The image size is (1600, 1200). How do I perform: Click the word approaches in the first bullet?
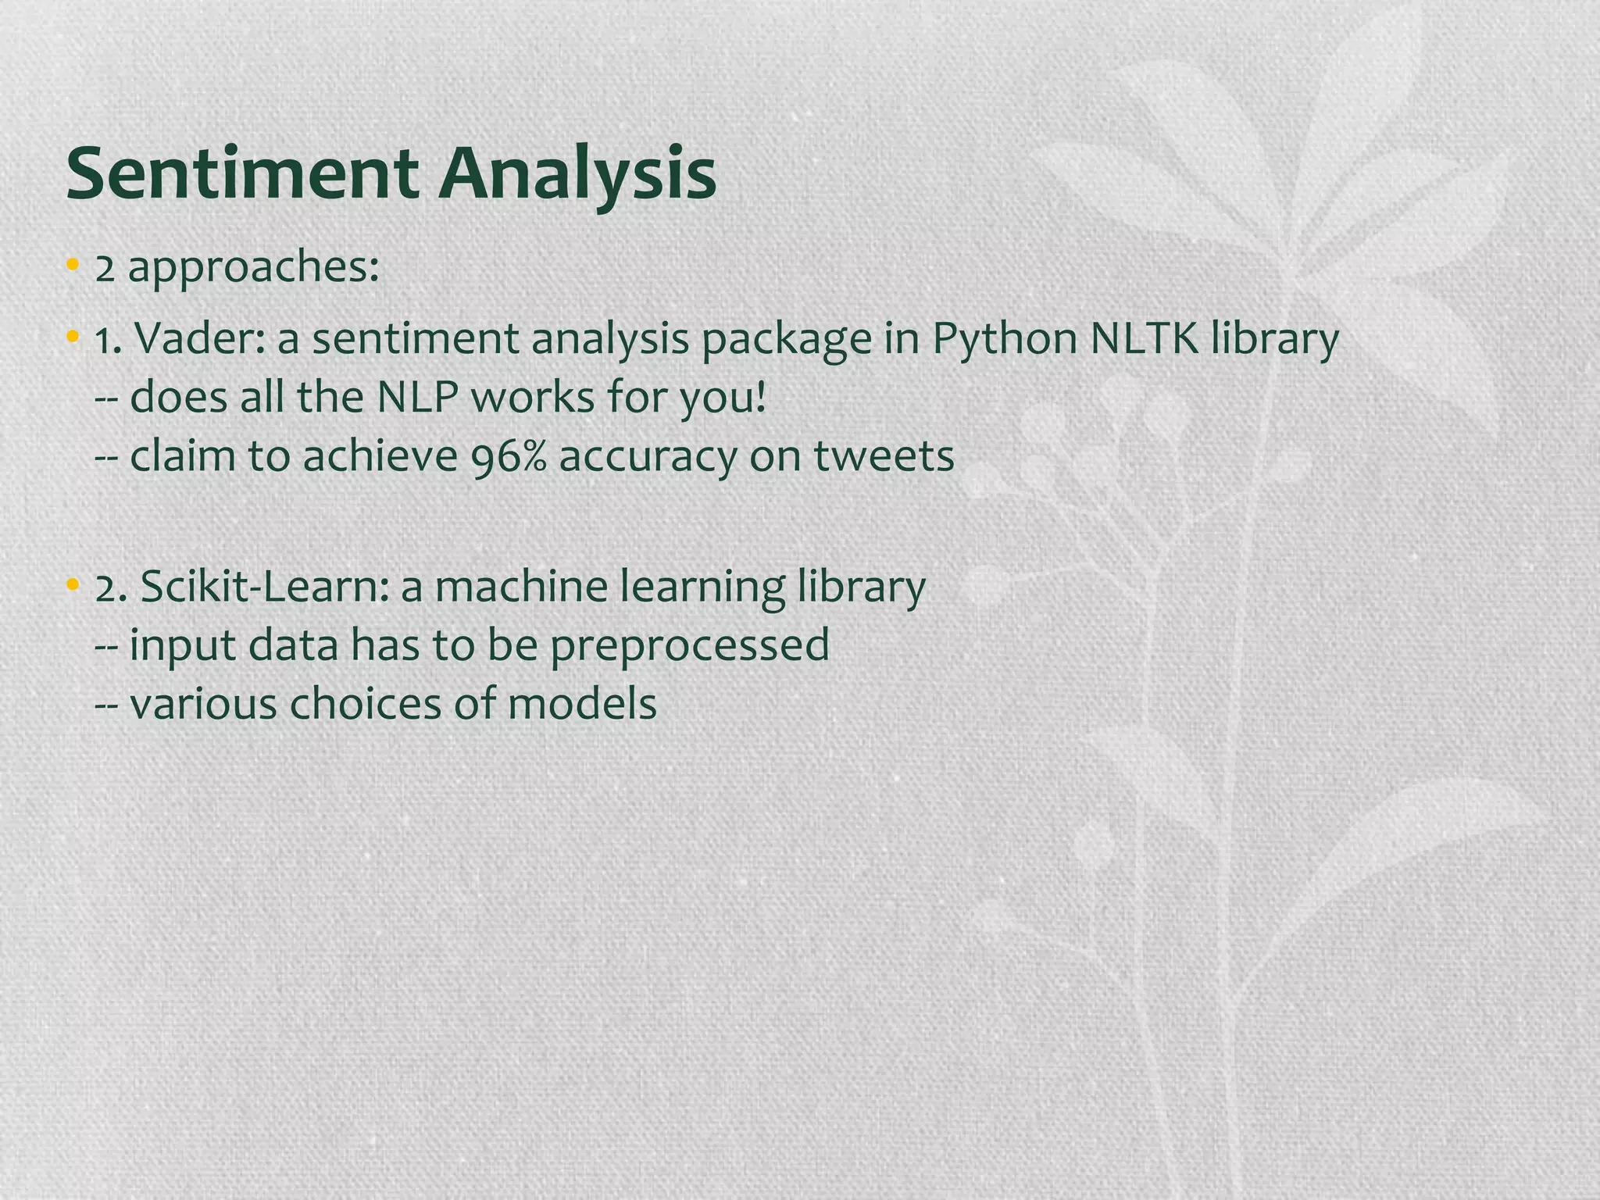254,269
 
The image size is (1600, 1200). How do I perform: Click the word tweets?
884,456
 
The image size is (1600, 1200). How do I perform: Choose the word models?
582,704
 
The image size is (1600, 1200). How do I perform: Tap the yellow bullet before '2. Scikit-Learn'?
73,584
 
